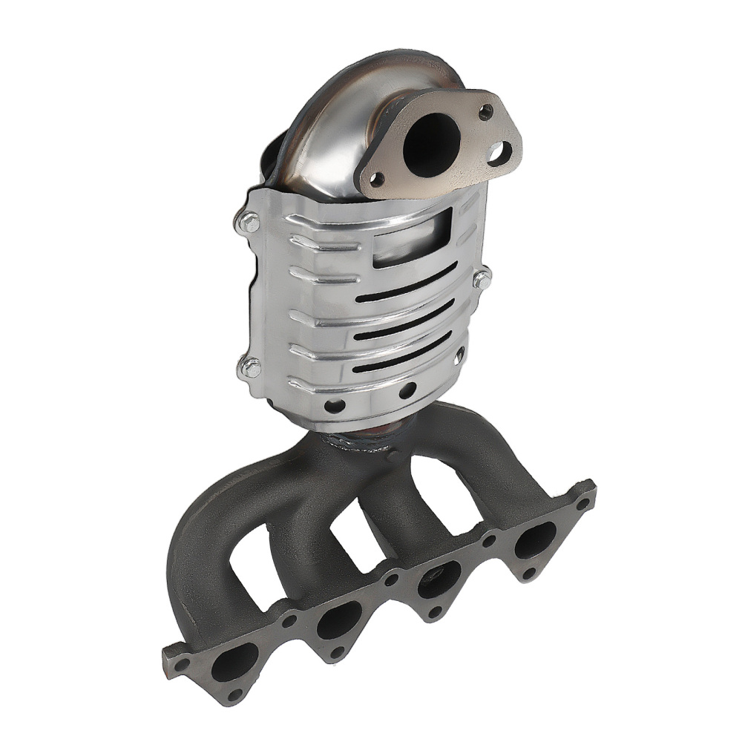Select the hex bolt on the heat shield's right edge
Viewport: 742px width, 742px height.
tap(482, 279)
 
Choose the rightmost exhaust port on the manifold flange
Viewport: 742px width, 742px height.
tap(533, 539)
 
